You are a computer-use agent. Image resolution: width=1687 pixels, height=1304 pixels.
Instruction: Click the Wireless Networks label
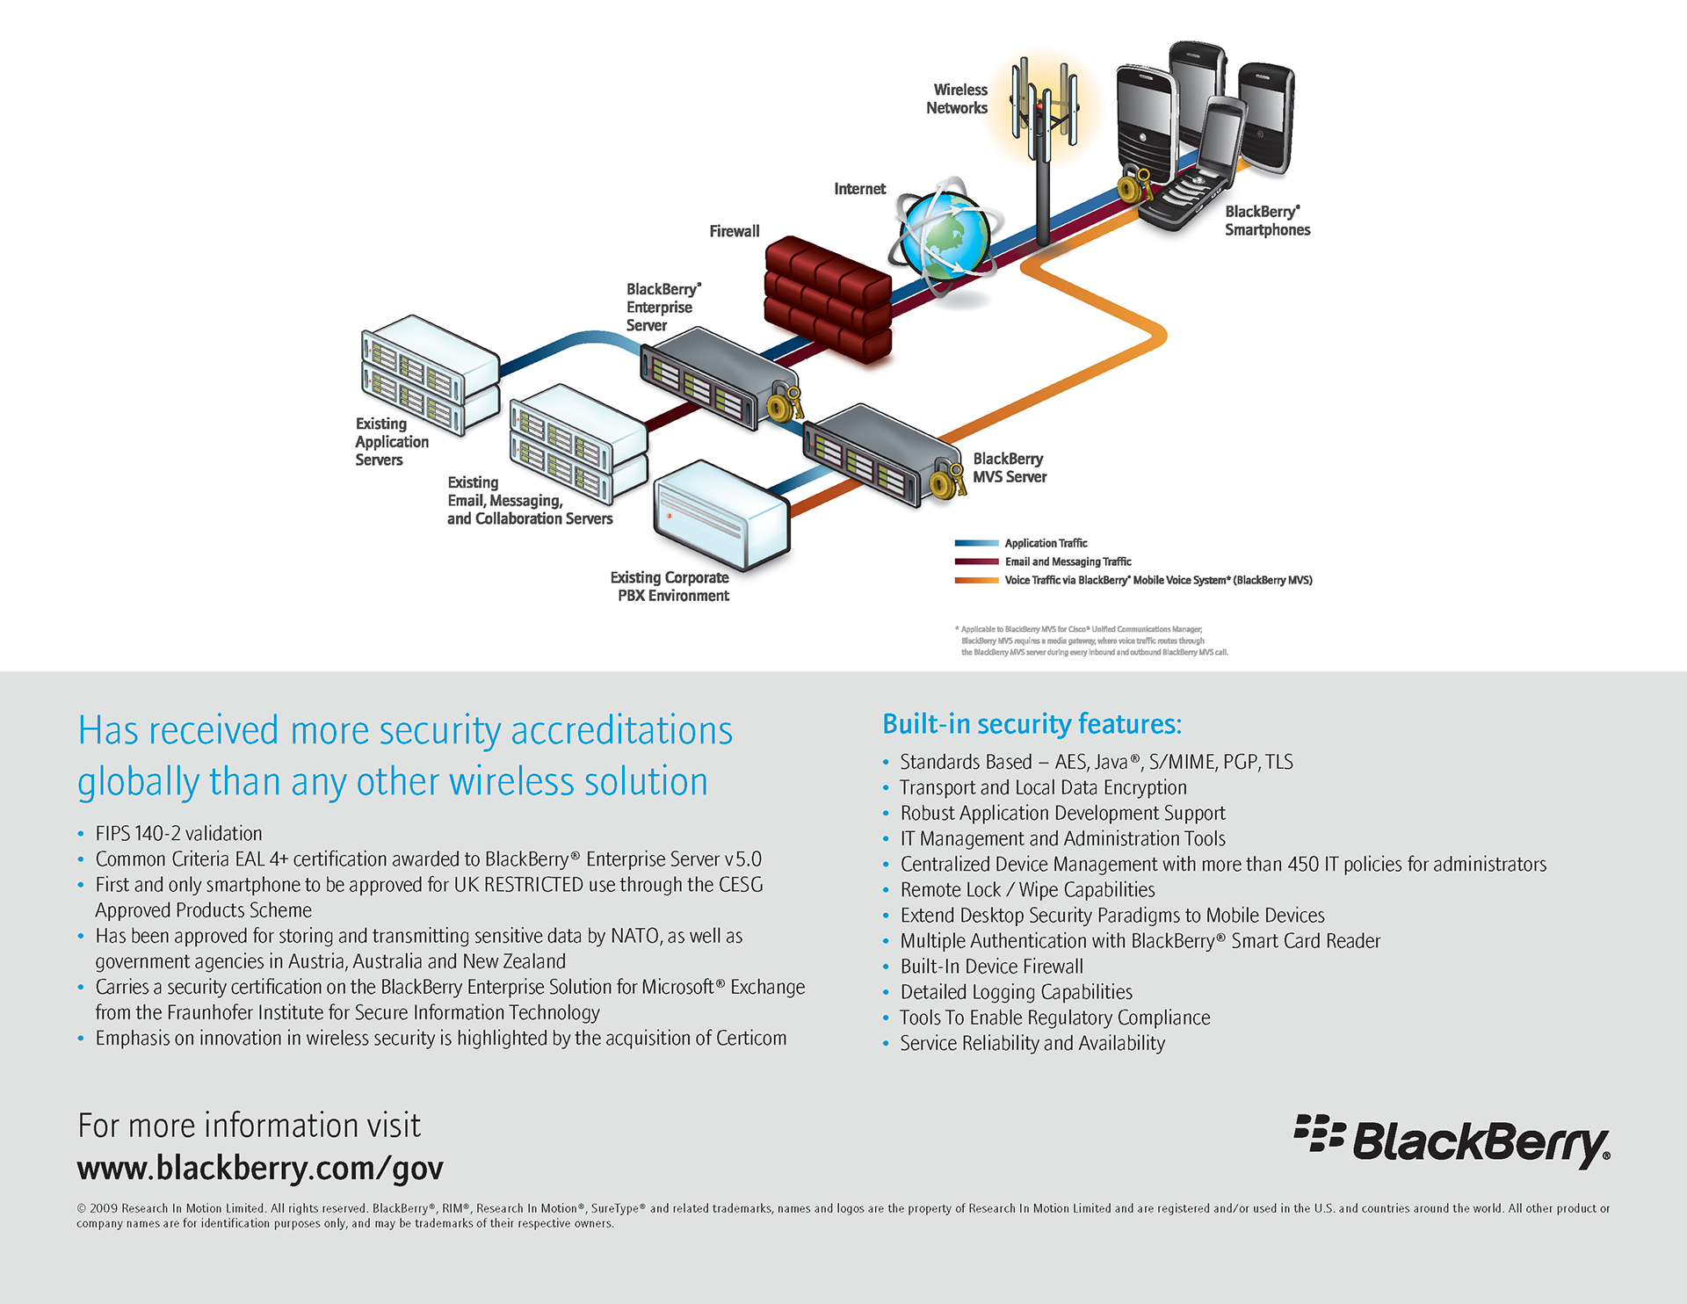click(x=957, y=99)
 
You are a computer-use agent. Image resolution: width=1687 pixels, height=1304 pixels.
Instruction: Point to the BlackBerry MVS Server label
click(x=1010, y=468)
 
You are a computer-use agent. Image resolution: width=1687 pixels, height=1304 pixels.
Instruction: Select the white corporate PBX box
click(x=720, y=514)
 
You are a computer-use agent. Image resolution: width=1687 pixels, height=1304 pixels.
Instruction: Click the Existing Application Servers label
click(x=391, y=442)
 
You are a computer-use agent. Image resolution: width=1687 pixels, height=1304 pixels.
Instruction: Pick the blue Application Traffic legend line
click(x=976, y=544)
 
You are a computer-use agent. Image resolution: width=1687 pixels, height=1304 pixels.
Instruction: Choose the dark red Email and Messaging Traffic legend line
click(x=976, y=561)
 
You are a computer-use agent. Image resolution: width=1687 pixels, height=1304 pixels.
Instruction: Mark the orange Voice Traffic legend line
click(x=976, y=580)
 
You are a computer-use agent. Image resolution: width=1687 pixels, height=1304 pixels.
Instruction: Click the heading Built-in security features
click(x=1032, y=724)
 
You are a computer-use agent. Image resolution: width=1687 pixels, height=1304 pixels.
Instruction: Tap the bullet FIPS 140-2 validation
click(x=178, y=834)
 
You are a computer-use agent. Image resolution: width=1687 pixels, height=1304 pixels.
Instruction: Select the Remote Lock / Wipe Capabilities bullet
click(x=1027, y=890)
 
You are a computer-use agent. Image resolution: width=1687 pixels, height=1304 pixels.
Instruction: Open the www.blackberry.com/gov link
click(x=260, y=1169)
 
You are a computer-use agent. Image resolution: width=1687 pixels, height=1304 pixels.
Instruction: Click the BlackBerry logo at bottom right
click(x=1452, y=1141)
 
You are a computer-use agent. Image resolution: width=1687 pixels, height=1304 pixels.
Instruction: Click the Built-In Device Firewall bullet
click(x=991, y=967)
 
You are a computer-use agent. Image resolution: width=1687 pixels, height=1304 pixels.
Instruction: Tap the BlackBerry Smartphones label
click(x=1267, y=221)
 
